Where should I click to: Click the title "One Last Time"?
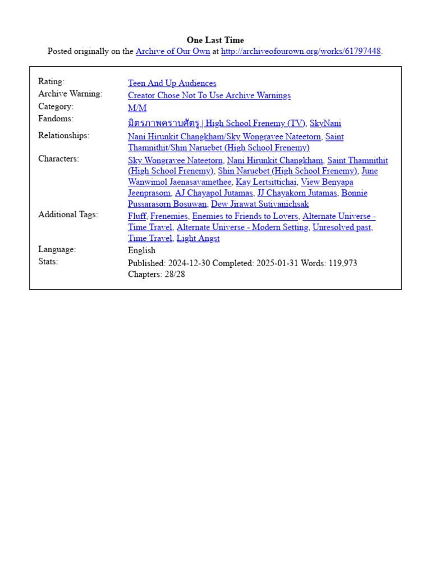click(x=215, y=40)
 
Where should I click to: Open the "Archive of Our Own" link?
click(x=173, y=51)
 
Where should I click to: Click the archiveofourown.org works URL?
click(x=301, y=51)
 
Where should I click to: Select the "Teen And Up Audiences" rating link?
click(x=172, y=83)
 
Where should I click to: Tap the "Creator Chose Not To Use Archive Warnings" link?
click(x=209, y=95)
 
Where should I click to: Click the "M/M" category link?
click(x=137, y=108)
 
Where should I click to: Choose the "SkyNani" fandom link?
click(x=325, y=124)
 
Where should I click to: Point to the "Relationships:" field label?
click(x=63, y=135)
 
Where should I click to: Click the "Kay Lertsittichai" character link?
click(x=266, y=182)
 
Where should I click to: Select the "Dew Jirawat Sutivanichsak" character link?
click(x=260, y=204)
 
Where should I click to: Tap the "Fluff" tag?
click(x=137, y=216)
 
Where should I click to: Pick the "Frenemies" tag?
click(x=169, y=216)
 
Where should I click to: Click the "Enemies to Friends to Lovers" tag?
click(x=245, y=216)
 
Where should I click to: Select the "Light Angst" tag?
click(x=198, y=239)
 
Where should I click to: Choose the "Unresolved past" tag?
click(x=342, y=227)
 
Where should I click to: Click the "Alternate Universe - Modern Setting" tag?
click(x=242, y=227)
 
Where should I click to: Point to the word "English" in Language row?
click(x=141, y=250)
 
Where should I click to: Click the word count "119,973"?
click(x=338, y=263)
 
